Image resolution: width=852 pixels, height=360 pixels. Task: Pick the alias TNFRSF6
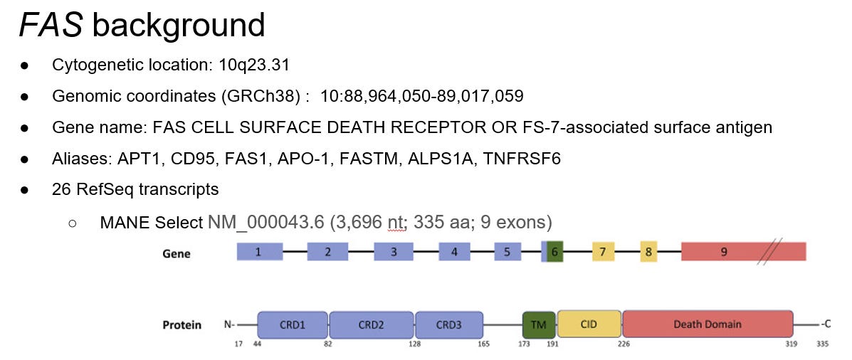522,159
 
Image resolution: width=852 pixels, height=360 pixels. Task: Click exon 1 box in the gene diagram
258,252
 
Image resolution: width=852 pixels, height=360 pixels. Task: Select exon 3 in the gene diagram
394,252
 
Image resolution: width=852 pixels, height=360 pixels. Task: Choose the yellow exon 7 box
603,252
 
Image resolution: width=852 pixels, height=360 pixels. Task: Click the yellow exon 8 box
648,252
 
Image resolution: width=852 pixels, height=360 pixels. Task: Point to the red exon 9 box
725,252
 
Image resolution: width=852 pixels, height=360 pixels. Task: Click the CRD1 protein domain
293,324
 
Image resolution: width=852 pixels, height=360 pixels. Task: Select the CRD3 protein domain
448,324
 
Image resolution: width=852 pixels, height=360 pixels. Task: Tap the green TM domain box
539,324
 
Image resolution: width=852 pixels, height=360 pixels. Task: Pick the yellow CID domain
589,324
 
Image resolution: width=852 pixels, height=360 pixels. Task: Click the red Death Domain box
708,324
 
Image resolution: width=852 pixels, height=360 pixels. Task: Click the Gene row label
177,253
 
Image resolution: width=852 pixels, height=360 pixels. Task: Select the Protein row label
182,325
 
